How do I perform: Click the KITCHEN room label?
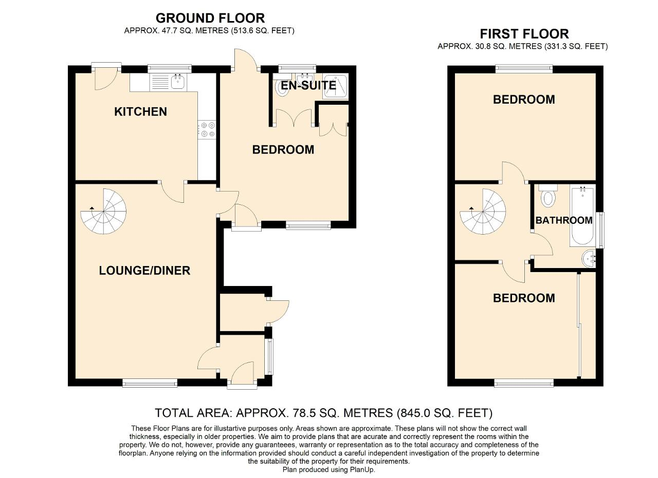[x=140, y=111]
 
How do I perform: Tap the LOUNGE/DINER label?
[x=144, y=270]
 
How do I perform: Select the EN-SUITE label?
[x=308, y=85]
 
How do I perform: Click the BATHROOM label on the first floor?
[x=564, y=220]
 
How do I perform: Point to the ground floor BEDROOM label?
[x=283, y=149]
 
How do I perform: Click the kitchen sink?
[x=178, y=82]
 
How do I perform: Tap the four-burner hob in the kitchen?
[x=207, y=129]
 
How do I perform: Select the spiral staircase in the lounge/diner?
[x=104, y=211]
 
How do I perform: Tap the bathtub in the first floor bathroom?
[x=582, y=217]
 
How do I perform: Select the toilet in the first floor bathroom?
[x=548, y=196]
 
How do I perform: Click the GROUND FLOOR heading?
[x=210, y=18]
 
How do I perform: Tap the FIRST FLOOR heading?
[x=524, y=34]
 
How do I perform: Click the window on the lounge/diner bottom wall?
[x=150, y=382]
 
